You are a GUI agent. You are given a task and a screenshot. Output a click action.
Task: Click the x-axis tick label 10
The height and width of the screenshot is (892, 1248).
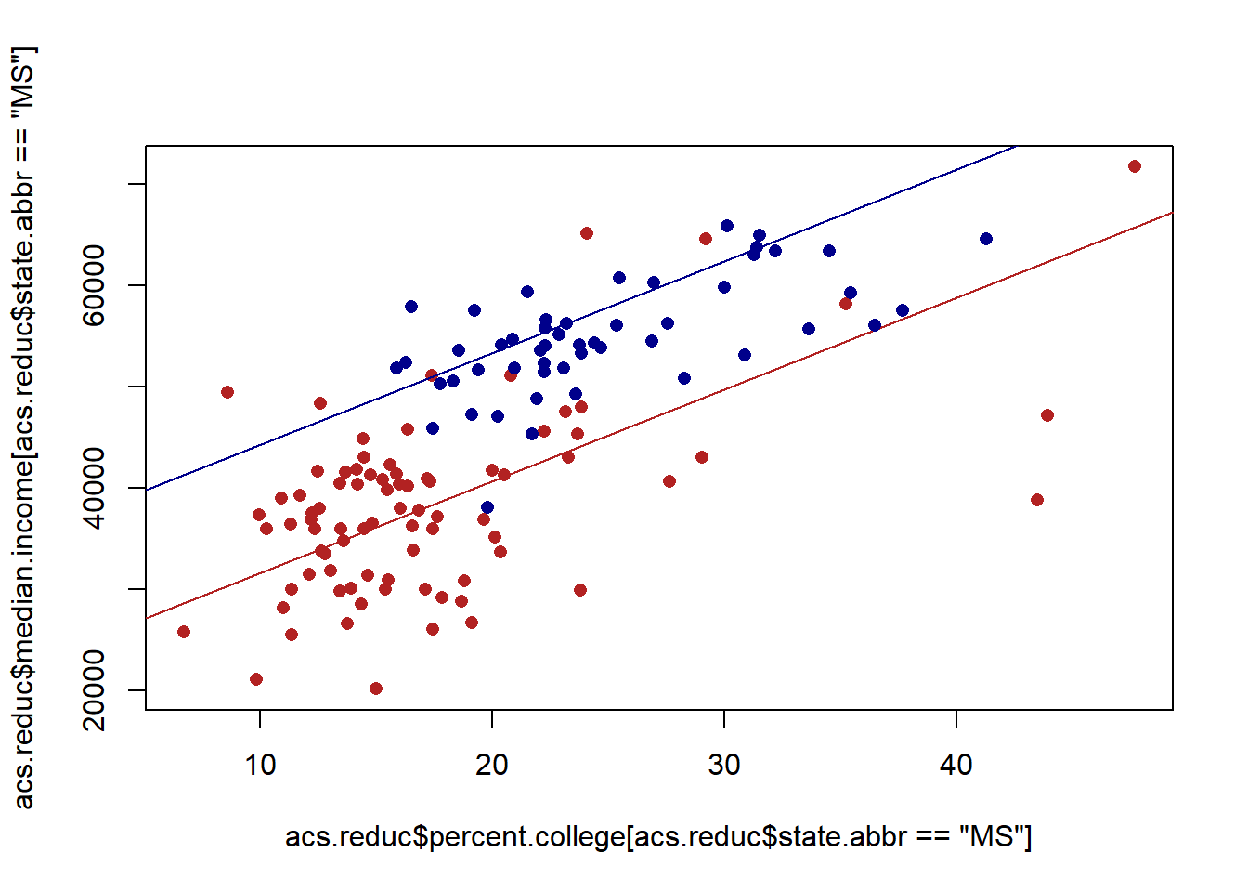point(260,766)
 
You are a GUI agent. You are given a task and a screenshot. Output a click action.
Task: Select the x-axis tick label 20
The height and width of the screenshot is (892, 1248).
point(492,766)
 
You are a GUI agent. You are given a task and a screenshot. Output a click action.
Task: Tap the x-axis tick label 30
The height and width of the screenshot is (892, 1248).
point(724,766)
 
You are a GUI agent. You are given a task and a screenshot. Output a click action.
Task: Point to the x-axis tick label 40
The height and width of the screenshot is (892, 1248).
point(956,766)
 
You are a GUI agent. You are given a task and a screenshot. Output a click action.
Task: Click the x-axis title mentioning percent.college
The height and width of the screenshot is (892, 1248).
point(658,836)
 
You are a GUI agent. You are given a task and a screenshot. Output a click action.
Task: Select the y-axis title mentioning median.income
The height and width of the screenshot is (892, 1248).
point(24,427)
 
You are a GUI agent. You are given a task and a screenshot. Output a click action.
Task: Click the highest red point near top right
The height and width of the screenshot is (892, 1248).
point(1135,166)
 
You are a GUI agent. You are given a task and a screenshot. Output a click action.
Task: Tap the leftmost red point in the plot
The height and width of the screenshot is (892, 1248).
point(184,632)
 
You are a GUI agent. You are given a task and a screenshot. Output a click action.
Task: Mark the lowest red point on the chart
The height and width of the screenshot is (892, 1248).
point(376,689)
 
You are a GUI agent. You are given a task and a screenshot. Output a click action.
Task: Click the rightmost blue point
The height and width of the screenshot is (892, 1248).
point(986,239)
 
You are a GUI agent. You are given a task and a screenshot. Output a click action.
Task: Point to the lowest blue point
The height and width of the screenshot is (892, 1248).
point(487,507)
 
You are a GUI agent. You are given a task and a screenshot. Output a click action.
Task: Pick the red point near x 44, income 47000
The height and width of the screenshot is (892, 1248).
point(1047,415)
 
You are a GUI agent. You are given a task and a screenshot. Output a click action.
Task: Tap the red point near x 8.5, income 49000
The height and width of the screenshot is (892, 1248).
point(227,392)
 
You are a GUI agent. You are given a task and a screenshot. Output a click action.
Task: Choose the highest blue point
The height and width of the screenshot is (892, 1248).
point(727,226)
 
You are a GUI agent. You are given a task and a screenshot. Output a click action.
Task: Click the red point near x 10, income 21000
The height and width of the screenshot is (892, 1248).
point(256,679)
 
